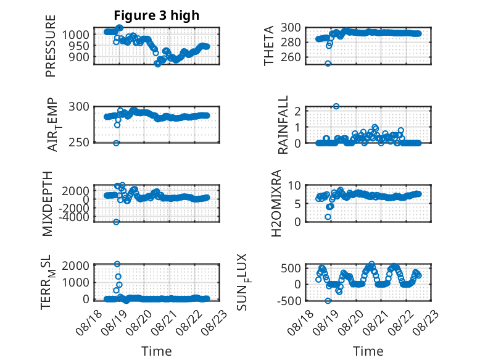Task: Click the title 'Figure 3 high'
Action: (x=157, y=15)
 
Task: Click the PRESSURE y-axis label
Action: (x=51, y=46)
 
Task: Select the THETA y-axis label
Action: (x=269, y=46)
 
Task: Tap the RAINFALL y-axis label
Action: (x=283, y=124)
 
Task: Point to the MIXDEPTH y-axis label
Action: (x=48, y=204)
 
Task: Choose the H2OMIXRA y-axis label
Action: (x=276, y=203)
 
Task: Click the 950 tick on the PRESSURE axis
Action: (x=79, y=46)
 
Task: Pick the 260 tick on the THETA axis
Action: (x=291, y=57)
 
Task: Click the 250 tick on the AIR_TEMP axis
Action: (x=79, y=143)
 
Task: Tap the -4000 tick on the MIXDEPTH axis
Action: (x=75, y=217)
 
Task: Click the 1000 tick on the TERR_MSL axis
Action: (x=76, y=282)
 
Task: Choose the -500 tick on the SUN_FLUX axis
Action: (x=289, y=301)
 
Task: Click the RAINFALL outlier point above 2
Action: (x=336, y=106)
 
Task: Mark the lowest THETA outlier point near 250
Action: (x=328, y=64)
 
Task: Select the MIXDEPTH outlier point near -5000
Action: (x=116, y=222)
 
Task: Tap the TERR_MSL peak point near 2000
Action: (x=117, y=264)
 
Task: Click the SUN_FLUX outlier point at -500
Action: (x=328, y=301)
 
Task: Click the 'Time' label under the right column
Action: (x=368, y=351)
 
